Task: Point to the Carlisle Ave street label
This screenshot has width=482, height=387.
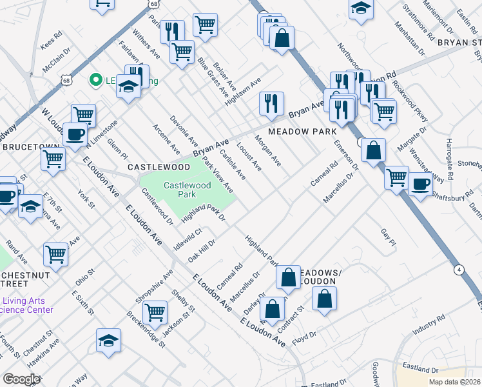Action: tap(233, 165)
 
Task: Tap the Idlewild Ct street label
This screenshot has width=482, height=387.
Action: tap(188, 239)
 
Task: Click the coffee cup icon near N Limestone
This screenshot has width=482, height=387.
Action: tap(75, 135)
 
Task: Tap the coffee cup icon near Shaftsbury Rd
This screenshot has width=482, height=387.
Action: tap(420, 184)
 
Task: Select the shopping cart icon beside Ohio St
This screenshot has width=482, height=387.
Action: tap(56, 255)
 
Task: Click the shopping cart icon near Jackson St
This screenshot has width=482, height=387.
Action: tap(155, 313)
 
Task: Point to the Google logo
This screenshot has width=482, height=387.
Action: tap(21, 379)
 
